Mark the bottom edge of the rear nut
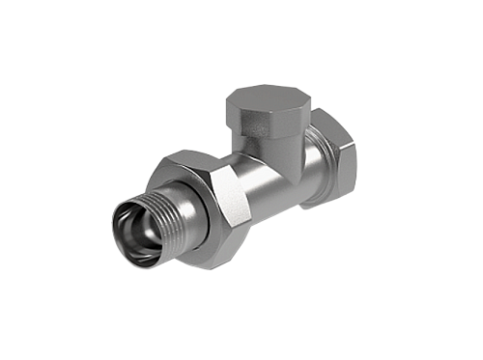pos(324,205)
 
